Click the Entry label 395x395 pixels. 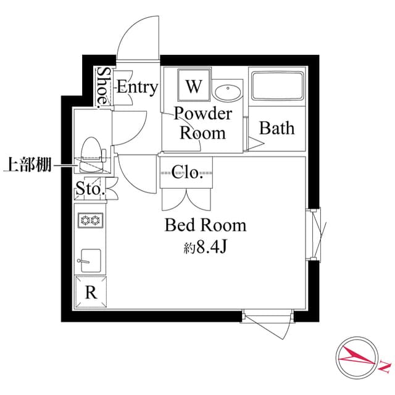click(x=137, y=87)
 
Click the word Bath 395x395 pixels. click(x=276, y=128)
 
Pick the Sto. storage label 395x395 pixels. click(x=89, y=189)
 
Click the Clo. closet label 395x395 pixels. click(x=187, y=172)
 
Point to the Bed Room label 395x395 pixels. click(x=205, y=225)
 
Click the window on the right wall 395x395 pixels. click(x=316, y=235)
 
